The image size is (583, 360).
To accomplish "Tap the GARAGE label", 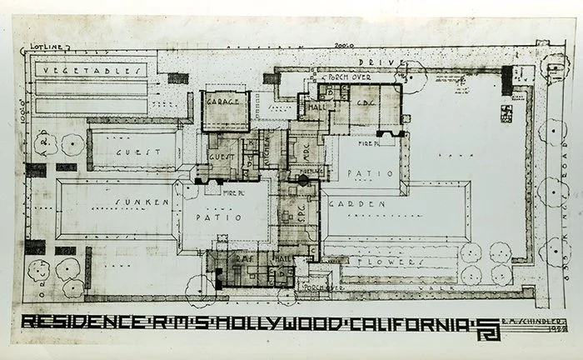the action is click(223, 102).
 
